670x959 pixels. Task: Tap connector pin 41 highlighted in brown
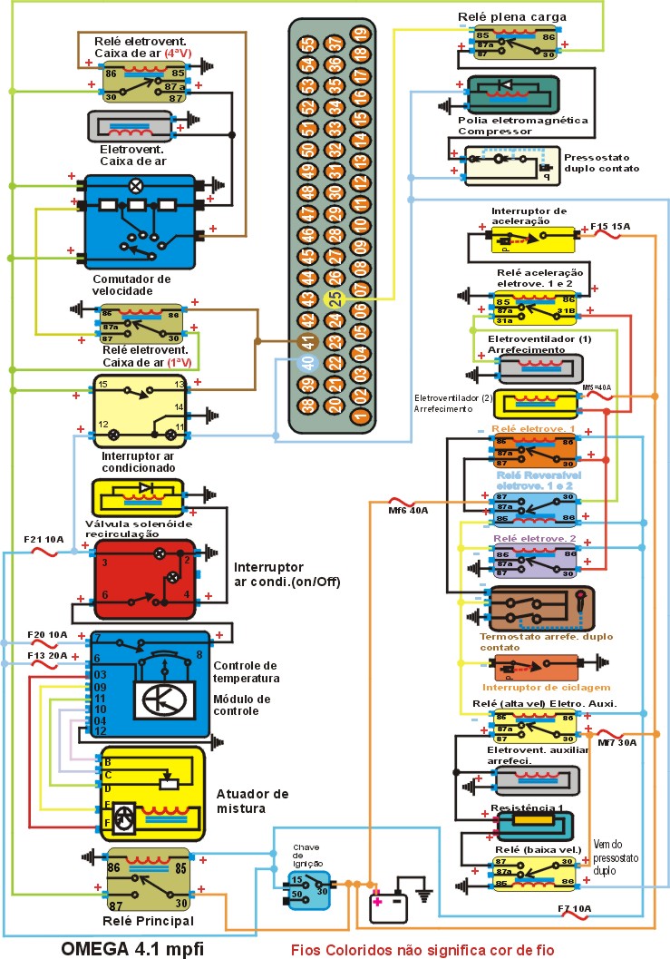coord(308,342)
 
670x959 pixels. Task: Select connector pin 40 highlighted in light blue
coord(308,363)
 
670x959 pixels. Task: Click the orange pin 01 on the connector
coord(361,417)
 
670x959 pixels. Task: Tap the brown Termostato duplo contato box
coord(541,609)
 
